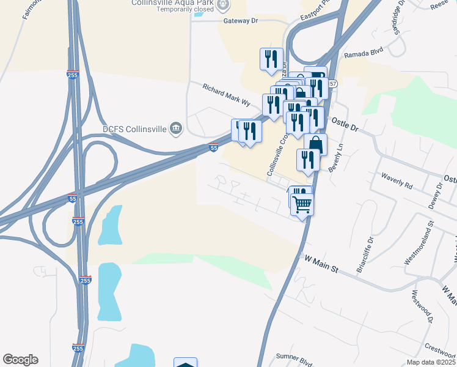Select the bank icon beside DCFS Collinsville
coord(175,128)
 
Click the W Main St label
coord(321,263)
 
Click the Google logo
coord(20,360)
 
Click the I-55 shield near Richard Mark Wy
coord(213,147)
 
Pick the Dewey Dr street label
coord(435,195)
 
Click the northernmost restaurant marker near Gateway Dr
coord(271,59)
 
